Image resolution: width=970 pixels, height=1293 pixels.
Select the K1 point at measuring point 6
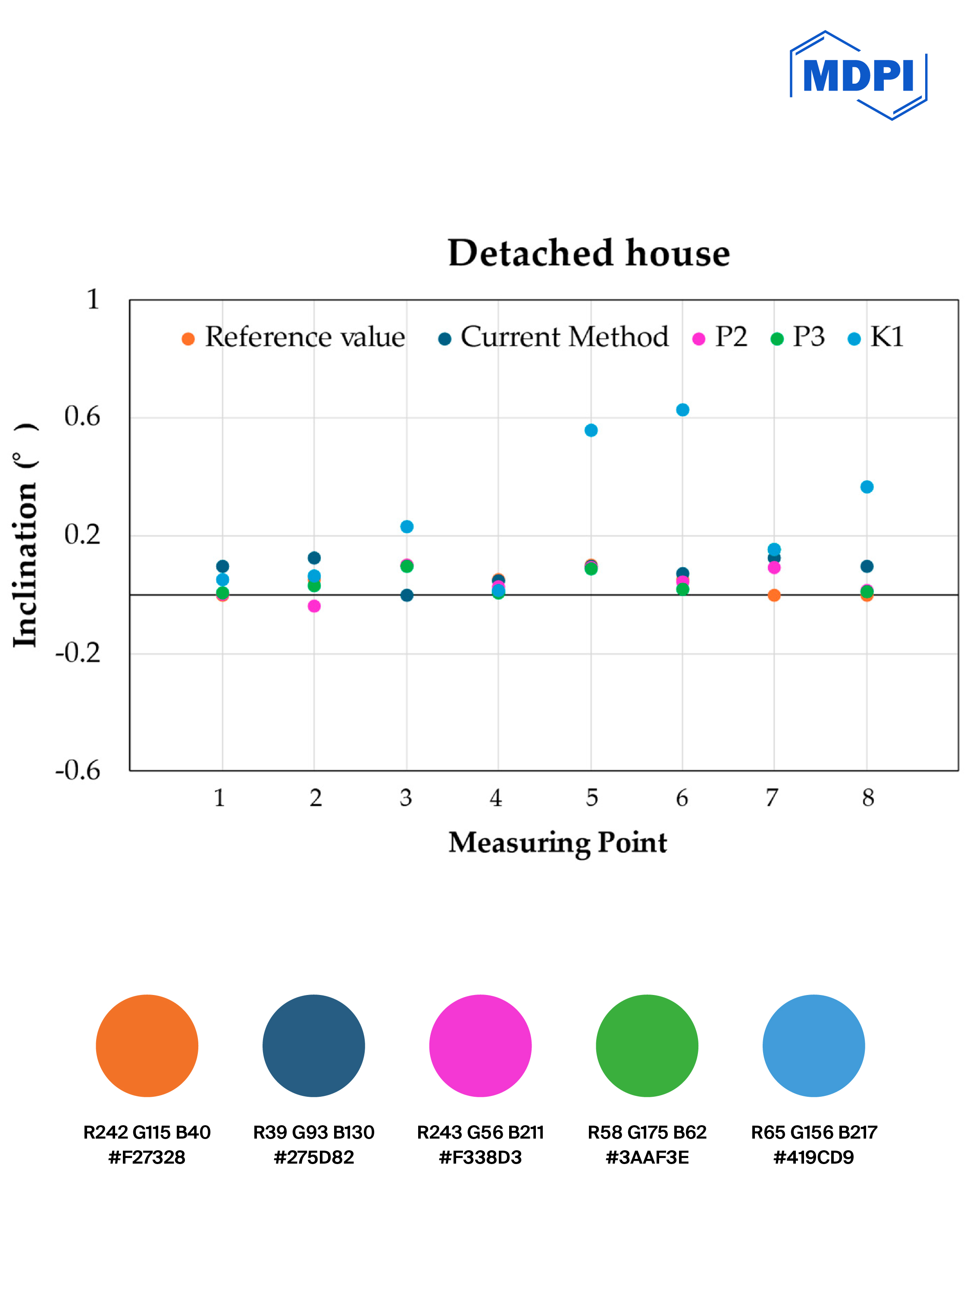click(682, 410)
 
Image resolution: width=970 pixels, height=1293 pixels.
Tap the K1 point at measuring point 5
click(591, 430)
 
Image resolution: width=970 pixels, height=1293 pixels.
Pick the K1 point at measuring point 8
click(867, 487)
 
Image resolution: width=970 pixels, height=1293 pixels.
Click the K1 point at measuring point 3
click(407, 527)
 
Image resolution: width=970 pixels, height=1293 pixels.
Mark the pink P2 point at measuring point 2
click(314, 606)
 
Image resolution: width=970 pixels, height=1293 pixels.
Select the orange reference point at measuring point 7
click(774, 595)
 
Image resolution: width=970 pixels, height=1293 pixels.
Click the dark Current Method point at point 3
click(407, 595)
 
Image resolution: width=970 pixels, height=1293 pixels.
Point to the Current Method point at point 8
click(867, 566)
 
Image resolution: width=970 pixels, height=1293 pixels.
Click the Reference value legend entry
click(294, 337)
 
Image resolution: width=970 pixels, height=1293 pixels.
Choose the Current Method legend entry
click(554, 337)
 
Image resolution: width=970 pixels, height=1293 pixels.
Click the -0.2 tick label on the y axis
click(78, 653)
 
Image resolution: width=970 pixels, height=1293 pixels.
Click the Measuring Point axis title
click(557, 842)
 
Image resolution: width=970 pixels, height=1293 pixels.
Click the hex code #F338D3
click(480, 1158)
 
